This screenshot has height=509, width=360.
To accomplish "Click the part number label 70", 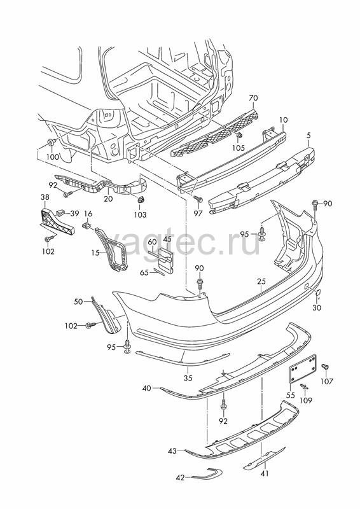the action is [x=253, y=98].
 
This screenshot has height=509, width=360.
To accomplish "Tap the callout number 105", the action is [x=239, y=148].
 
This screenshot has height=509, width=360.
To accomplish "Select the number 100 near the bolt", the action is [x=53, y=157].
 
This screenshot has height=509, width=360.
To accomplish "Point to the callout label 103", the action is [x=140, y=214].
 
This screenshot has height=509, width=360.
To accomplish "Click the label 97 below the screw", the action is [x=198, y=213].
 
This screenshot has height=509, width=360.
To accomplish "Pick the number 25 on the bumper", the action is [x=261, y=281].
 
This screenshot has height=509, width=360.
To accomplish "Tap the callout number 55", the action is [x=291, y=395].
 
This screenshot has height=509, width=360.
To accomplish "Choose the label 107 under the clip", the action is [x=326, y=381].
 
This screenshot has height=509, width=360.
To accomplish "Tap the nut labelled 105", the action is [x=239, y=136].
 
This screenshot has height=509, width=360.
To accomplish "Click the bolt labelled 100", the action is [x=51, y=142].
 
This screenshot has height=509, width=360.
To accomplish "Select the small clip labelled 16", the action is [x=87, y=225].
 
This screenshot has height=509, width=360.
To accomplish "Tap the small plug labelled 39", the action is [x=60, y=213].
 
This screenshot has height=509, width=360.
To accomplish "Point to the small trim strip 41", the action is [x=264, y=458].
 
